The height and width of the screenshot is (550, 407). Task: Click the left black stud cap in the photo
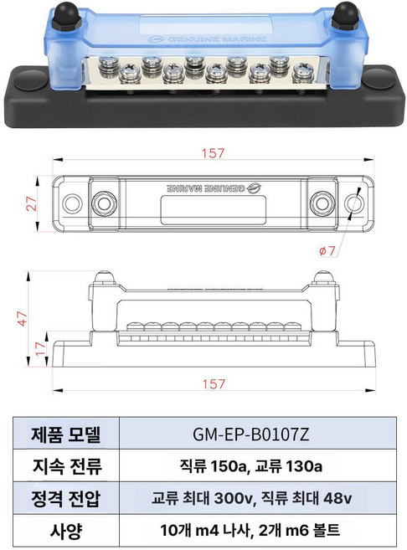[64, 16]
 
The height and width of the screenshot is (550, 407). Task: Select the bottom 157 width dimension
[215, 383]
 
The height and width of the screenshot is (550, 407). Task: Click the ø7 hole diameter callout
[327, 250]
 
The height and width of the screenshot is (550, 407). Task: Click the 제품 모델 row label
[66, 434]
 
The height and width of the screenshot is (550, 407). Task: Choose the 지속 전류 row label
[66, 466]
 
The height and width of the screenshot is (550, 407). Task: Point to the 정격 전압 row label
[66, 498]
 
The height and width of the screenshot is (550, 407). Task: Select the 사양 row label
[66, 530]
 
